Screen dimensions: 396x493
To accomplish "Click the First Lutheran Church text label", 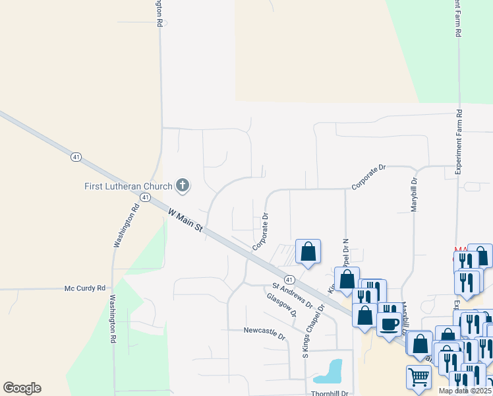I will [x=128, y=186].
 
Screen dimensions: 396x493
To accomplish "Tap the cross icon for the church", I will [x=183, y=186].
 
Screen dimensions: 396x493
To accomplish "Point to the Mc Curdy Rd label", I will [x=84, y=288].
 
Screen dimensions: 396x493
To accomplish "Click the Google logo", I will [x=22, y=388].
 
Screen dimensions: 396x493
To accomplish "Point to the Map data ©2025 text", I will [x=464, y=391].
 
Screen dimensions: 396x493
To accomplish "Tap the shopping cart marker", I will [x=419, y=378].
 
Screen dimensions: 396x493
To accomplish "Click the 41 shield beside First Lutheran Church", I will [x=145, y=197].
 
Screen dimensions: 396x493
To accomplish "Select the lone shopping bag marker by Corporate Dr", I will [x=308, y=251].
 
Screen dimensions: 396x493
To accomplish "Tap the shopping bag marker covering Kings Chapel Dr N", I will [x=347, y=280].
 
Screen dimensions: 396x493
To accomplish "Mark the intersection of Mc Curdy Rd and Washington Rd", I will [x=113, y=288].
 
